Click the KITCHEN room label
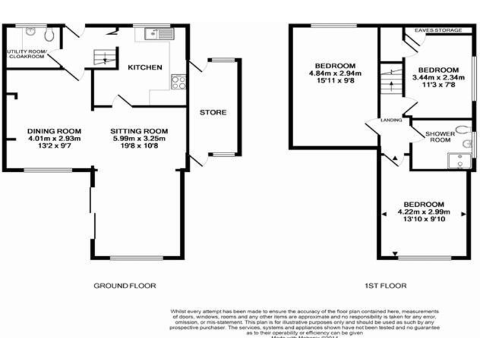[145, 67]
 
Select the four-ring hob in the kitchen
[177, 82]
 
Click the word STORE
[213, 112]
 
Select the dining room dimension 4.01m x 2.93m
[51, 138]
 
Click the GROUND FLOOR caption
[124, 286]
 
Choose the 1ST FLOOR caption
[386, 286]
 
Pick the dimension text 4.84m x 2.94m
[335, 73]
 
